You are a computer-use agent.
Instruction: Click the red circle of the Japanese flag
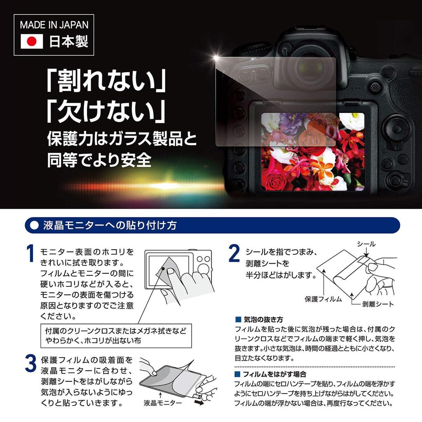[x=32, y=42]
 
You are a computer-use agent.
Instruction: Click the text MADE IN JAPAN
[x=54, y=24]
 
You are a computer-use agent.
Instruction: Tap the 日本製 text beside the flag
[x=68, y=42]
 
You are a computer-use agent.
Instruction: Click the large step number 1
[x=30, y=255]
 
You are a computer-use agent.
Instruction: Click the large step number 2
[x=234, y=255]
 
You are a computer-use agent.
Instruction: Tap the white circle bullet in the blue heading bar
[x=34, y=225]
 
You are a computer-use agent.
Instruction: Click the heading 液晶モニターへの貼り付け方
[x=110, y=225]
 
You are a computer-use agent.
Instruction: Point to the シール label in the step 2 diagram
[x=366, y=244]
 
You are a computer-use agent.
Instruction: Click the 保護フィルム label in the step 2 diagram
[x=324, y=299]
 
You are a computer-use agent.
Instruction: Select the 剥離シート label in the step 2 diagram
[x=377, y=304]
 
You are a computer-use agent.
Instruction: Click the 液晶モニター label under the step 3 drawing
[x=163, y=403]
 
